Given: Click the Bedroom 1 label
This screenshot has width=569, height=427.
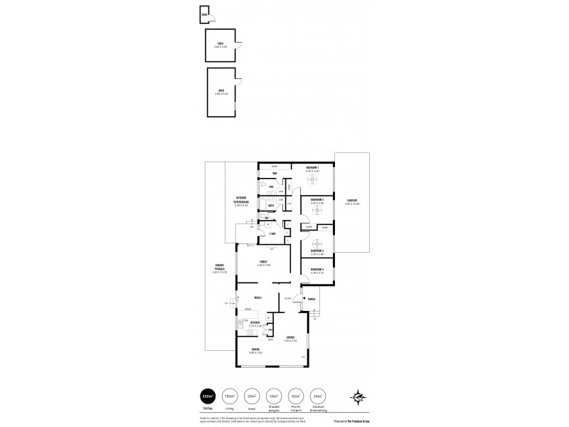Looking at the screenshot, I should (x=312, y=168).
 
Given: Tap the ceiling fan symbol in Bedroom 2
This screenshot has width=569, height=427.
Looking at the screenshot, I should (x=313, y=211).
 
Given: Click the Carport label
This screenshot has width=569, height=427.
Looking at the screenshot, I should (x=353, y=201).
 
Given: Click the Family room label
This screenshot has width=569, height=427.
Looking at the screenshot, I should (x=263, y=262).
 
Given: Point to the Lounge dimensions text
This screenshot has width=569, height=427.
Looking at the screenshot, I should (x=290, y=342).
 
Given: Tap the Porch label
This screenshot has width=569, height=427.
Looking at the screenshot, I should (x=312, y=300).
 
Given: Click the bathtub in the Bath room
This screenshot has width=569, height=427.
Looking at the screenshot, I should (x=264, y=206).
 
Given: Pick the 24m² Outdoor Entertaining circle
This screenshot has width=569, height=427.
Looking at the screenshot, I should (x=319, y=396).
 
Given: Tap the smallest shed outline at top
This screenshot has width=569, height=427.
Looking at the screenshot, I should (x=205, y=14).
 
